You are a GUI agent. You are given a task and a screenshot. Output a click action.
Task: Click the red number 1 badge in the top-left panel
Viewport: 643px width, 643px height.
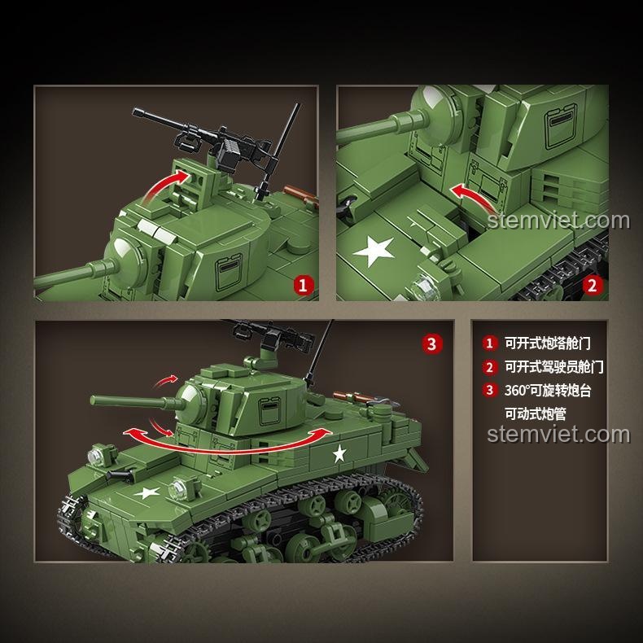(x=303, y=286)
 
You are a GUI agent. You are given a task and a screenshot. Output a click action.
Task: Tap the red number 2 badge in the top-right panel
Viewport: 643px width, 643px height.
(x=593, y=286)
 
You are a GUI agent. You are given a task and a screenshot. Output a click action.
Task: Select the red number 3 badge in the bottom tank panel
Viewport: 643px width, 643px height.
(x=432, y=343)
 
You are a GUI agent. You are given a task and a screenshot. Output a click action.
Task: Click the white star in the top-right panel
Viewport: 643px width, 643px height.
(x=374, y=251)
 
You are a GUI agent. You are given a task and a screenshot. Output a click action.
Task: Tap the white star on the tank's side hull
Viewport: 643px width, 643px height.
(x=339, y=453)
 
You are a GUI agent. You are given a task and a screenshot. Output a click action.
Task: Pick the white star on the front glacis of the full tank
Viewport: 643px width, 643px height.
(x=147, y=492)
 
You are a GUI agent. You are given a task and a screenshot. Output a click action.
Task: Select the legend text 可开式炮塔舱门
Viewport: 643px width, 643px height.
(x=548, y=343)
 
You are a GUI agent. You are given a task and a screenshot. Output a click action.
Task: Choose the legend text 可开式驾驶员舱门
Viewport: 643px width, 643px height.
(x=554, y=366)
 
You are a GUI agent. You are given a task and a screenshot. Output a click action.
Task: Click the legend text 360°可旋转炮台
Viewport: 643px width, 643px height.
(x=548, y=390)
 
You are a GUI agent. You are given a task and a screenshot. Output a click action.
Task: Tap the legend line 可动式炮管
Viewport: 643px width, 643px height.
(x=535, y=413)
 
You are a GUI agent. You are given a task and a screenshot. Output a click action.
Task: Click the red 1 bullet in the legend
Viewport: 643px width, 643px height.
(x=490, y=343)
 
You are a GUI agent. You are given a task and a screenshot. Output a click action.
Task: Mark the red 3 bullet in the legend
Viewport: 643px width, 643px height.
(x=490, y=390)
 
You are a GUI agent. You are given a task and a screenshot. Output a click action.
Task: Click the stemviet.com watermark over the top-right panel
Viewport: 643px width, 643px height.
(x=558, y=221)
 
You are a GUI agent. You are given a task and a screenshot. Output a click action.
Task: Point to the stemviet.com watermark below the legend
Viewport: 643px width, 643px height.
(x=558, y=435)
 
